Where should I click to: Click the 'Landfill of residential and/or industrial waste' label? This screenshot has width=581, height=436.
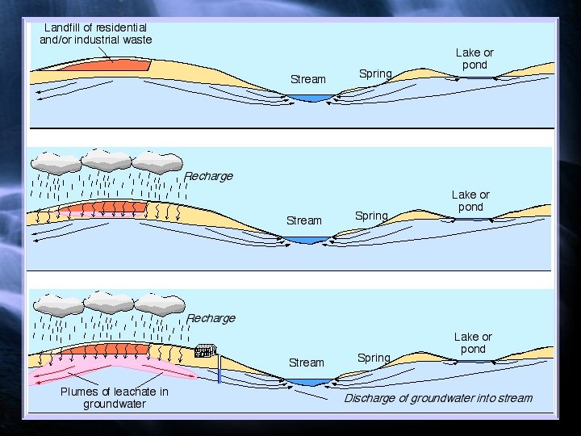(95, 33)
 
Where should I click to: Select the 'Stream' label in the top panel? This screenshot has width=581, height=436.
(307, 79)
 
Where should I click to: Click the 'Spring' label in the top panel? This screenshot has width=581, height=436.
(374, 73)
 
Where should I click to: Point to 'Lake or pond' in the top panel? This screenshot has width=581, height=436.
(474, 58)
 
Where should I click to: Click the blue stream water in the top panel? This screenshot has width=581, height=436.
(311, 99)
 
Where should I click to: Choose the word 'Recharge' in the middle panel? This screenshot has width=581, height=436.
(208, 176)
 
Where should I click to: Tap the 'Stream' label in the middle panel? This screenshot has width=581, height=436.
(304, 220)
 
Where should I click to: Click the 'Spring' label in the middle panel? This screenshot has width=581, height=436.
(371, 216)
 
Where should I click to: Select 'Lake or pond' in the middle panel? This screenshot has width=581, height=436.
(470, 200)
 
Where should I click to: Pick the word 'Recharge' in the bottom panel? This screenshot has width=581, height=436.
(211, 318)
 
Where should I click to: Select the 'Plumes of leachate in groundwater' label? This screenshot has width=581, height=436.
(115, 397)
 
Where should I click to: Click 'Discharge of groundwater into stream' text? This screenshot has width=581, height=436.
(438, 398)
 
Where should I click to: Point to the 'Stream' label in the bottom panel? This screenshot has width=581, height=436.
(307, 363)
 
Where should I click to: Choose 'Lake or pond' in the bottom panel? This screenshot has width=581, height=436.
(473, 342)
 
